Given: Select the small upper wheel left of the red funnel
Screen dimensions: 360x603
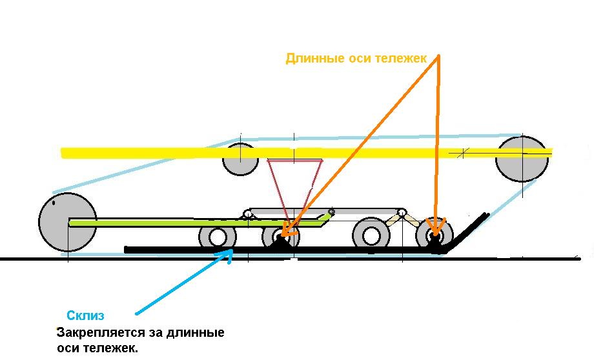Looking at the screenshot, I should [x=240, y=159].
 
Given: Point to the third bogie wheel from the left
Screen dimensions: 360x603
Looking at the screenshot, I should [x=371, y=235].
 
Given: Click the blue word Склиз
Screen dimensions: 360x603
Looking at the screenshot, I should [x=85, y=315].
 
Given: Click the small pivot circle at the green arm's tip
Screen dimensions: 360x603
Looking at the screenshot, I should [x=331, y=211].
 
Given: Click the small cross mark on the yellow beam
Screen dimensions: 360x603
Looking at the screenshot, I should [x=461, y=154].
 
